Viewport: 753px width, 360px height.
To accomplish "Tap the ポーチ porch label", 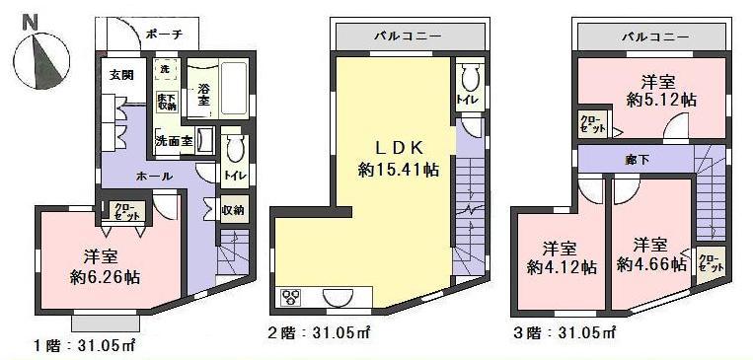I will [164, 35].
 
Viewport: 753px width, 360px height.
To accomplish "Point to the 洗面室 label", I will [174, 141].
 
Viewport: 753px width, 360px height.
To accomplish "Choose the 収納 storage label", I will [233, 209].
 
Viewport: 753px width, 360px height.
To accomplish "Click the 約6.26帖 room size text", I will [105, 277].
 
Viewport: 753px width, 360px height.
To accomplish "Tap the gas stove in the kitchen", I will [293, 296].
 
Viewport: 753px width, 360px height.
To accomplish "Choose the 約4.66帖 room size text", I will [649, 263].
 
